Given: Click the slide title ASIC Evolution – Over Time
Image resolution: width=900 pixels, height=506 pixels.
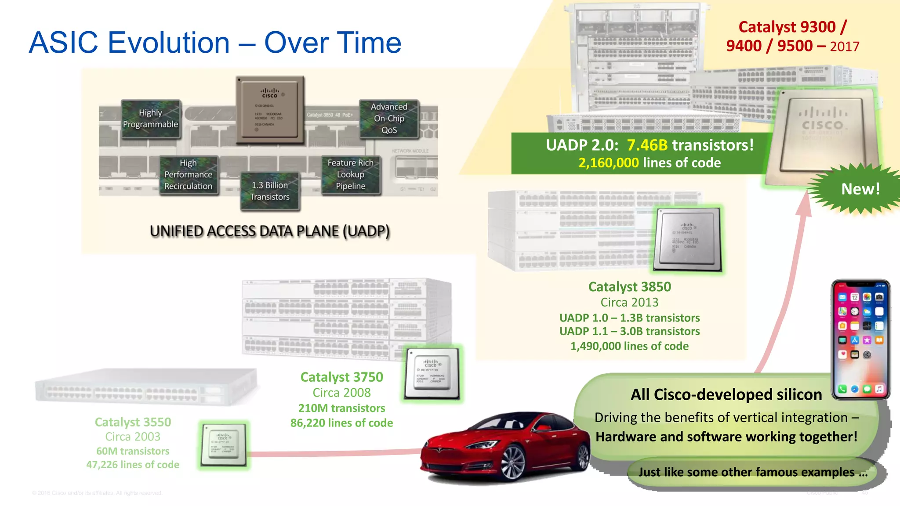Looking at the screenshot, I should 215,43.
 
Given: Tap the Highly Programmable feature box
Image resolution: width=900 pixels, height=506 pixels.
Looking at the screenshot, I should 151,119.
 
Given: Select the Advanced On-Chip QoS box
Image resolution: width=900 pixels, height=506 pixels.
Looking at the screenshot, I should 389,119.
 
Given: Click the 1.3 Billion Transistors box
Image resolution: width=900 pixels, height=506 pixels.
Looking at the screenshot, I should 270,191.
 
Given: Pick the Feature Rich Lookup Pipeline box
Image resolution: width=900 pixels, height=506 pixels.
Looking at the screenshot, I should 351,174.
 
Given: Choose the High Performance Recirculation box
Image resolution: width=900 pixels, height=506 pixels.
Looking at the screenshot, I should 189,174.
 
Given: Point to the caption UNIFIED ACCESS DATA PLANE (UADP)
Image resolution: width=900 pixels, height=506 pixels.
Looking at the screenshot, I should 269,231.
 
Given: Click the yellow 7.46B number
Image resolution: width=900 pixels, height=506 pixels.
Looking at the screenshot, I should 647,145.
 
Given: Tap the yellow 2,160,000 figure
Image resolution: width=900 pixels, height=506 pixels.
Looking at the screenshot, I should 608,163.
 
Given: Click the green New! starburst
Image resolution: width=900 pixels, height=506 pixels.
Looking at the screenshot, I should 860,189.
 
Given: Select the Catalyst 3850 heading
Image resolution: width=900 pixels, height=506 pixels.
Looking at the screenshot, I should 629,287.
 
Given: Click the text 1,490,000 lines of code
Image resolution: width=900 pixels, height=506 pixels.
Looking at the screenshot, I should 629,346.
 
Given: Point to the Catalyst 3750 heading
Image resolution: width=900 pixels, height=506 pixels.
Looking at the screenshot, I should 341,377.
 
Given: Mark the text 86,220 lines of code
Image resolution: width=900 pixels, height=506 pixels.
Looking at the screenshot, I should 341,423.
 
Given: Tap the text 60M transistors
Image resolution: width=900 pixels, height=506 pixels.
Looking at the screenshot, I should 133,451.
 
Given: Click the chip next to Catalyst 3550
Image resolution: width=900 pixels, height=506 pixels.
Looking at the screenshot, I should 223,445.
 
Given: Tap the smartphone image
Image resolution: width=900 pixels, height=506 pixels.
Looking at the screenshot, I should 860,339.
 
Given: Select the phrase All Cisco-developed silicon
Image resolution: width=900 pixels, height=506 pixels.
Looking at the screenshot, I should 726,394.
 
